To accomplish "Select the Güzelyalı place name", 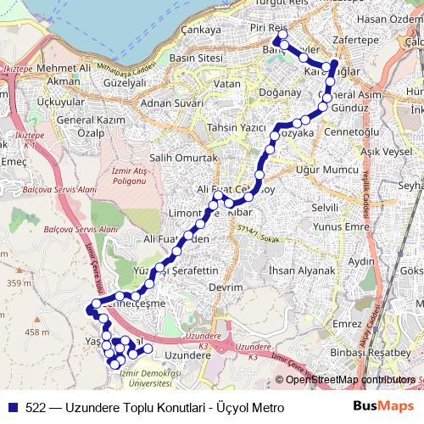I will tap(124, 84).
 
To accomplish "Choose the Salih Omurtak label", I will tap(183, 159).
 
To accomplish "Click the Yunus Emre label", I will tap(339, 227).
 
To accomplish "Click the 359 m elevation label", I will tap(17, 283).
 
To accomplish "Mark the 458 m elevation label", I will tap(36, 332).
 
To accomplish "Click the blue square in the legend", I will tap(13, 407).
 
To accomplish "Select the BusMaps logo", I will tap(382, 407).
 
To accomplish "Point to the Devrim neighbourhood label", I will tap(226, 287).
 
